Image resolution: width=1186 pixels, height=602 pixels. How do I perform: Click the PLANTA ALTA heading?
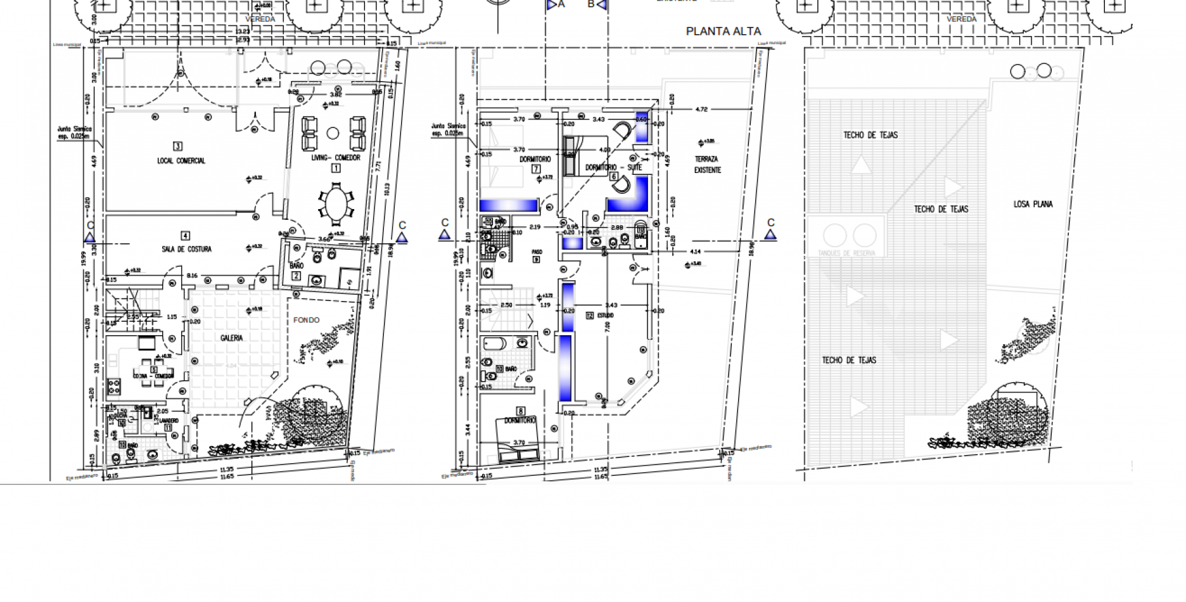[723, 31]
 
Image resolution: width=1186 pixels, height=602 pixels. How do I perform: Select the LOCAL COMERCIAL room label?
[181, 161]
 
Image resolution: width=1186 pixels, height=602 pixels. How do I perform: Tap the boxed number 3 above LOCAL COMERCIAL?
[178, 146]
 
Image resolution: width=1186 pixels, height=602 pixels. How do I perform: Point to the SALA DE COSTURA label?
[186, 249]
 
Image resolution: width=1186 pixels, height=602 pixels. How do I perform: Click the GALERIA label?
[231, 338]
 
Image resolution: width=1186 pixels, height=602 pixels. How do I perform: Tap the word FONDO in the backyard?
[306, 320]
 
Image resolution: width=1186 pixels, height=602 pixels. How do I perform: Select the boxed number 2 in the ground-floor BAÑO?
[296, 276]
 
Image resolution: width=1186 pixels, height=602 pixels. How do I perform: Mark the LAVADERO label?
[169, 421]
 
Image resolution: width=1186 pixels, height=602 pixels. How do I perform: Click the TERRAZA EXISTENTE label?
[707, 165]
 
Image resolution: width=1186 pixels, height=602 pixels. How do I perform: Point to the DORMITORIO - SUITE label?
[613, 168]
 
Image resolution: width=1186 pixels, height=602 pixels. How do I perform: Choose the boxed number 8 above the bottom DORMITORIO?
[520, 411]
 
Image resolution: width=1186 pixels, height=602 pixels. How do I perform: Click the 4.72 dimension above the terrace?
[701, 109]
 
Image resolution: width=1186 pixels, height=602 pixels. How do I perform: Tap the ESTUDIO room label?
[604, 315]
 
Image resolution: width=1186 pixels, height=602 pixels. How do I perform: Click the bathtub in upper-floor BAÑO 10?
[495, 343]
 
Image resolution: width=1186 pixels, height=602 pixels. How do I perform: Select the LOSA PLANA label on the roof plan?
[1033, 204]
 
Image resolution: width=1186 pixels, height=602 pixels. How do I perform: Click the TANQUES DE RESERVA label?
[846, 253]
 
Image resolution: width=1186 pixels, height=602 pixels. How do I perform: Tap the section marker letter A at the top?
[561, 4]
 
